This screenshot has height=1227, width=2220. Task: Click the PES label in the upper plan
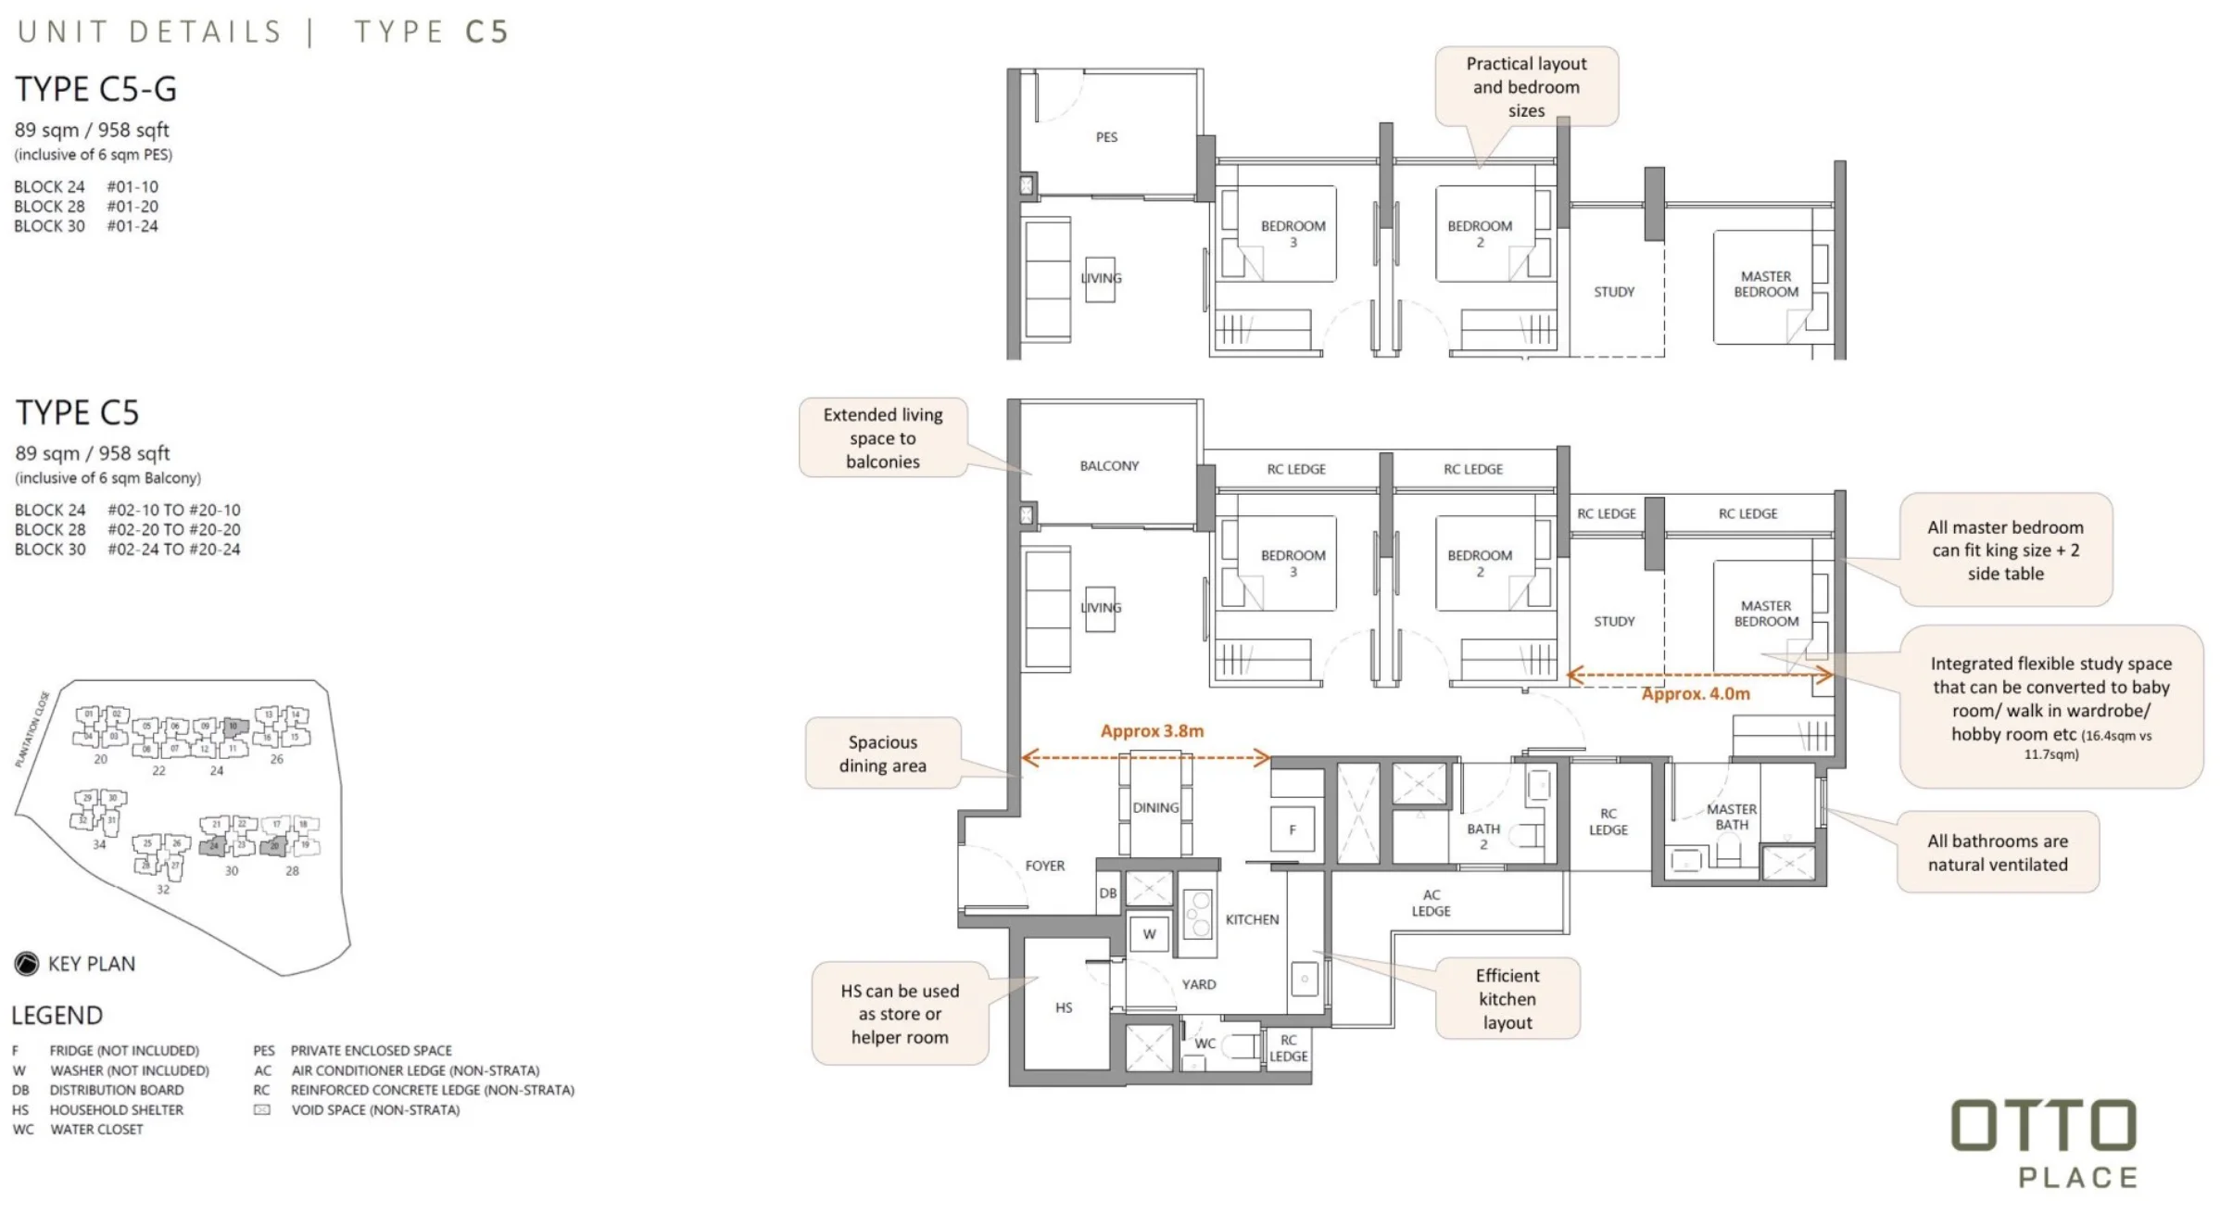(x=1106, y=137)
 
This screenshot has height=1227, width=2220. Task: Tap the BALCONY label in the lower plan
(x=1109, y=466)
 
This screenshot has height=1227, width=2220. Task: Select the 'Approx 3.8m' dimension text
(x=1152, y=731)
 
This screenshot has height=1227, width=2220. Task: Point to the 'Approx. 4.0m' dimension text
(x=1695, y=694)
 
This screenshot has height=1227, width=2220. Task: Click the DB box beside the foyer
(x=1108, y=893)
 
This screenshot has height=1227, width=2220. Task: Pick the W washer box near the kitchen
(x=1149, y=934)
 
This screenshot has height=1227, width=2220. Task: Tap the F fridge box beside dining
(x=1293, y=830)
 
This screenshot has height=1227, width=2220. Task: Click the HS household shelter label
(x=1064, y=1007)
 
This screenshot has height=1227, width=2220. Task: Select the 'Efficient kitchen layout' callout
(x=1507, y=999)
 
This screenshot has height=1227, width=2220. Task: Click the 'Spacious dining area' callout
(x=882, y=753)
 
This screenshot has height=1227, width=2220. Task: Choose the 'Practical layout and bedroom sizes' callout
(x=1526, y=87)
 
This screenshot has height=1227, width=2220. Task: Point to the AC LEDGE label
(x=1431, y=903)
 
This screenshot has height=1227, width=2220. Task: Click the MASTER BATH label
(x=1731, y=816)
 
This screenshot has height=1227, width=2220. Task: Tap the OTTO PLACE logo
(x=2044, y=1144)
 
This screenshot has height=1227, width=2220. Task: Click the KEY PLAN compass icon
(x=27, y=964)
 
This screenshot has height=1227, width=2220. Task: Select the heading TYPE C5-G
(x=95, y=89)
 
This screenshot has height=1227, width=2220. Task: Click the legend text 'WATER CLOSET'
(x=96, y=1130)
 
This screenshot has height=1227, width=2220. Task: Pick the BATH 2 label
(x=1482, y=836)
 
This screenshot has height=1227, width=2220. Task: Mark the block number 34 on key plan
(x=99, y=844)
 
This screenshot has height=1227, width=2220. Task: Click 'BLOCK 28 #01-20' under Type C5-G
(x=86, y=207)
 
